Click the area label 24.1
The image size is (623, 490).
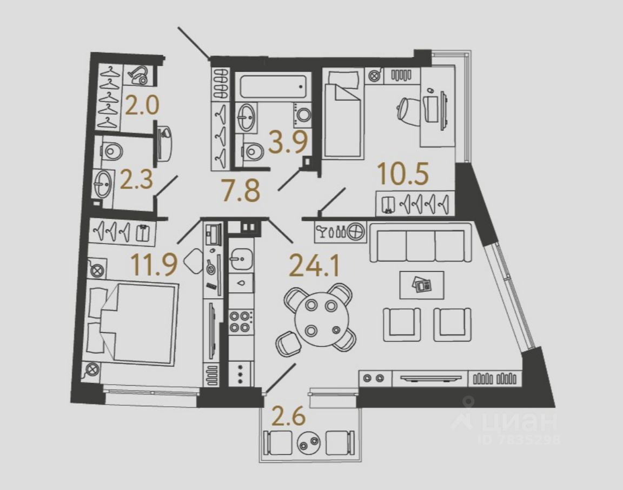coord(312,265)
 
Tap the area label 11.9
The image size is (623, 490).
coord(147,264)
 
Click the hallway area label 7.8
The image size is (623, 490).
coord(241,191)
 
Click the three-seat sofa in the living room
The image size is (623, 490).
coord(420,246)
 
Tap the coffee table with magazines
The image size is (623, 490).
coord(422,284)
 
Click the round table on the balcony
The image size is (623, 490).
coord(309,443)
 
